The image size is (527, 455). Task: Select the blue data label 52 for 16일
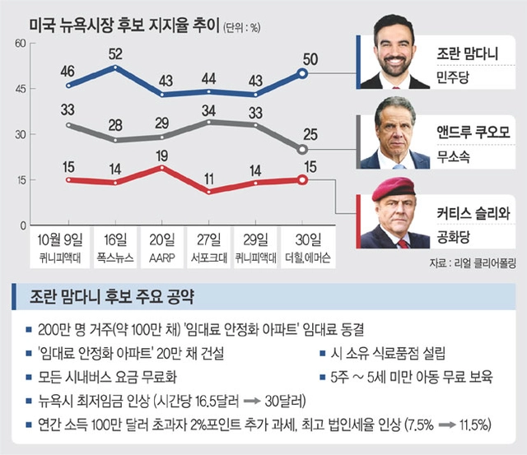[x=116, y=53]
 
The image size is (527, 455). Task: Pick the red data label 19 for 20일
[x=163, y=154]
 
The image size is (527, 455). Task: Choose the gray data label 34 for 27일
[x=209, y=109]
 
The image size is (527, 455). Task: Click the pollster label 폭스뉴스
[x=116, y=255]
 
